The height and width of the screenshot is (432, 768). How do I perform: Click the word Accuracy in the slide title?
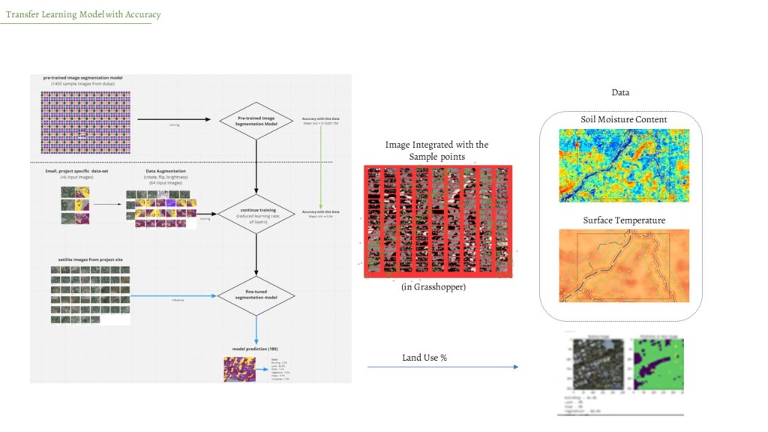coord(143,14)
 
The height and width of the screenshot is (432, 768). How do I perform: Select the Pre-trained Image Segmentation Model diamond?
coord(256,120)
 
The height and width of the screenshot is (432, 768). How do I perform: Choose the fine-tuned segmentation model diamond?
coord(256,296)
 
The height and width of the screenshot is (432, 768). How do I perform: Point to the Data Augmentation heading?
coord(166,171)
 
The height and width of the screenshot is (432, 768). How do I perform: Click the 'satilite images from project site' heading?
coord(90,259)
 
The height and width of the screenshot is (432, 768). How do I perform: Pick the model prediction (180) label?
coord(256,349)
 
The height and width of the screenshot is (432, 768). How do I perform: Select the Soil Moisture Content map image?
coord(624,165)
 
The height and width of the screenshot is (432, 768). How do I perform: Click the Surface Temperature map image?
coord(624,265)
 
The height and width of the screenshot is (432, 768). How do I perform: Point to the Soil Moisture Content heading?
coord(623,119)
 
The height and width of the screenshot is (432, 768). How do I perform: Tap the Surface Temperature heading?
coord(624,220)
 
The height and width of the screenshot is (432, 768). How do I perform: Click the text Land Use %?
coord(424,358)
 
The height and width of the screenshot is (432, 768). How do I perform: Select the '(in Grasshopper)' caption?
coord(433,287)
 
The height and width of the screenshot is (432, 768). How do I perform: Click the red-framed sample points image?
coord(437,221)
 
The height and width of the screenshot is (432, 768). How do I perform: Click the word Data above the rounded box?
coord(620,92)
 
